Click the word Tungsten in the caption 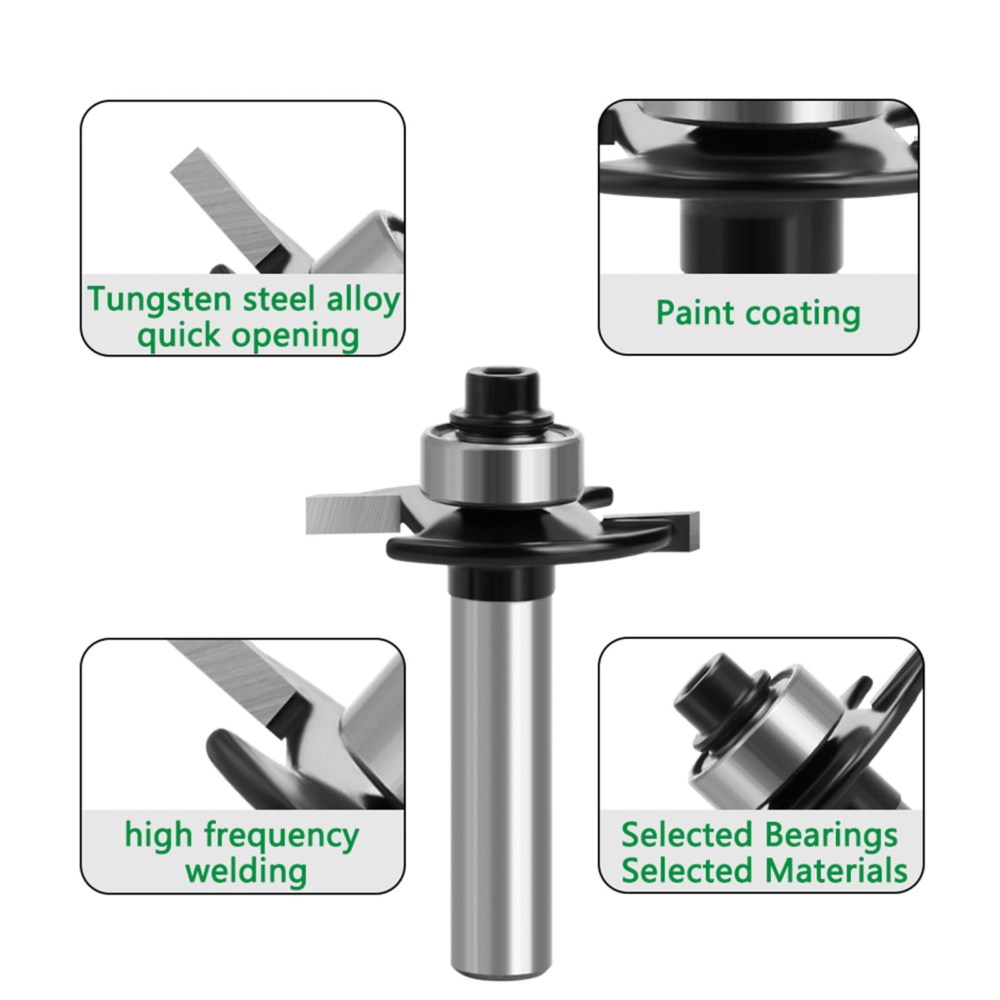pyautogui.click(x=159, y=300)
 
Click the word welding pyautogui.click(x=246, y=871)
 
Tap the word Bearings pyautogui.click(x=831, y=836)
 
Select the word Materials pyautogui.click(x=836, y=871)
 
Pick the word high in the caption pyautogui.click(x=158, y=836)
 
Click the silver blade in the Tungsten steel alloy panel pyautogui.click(x=231, y=206)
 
